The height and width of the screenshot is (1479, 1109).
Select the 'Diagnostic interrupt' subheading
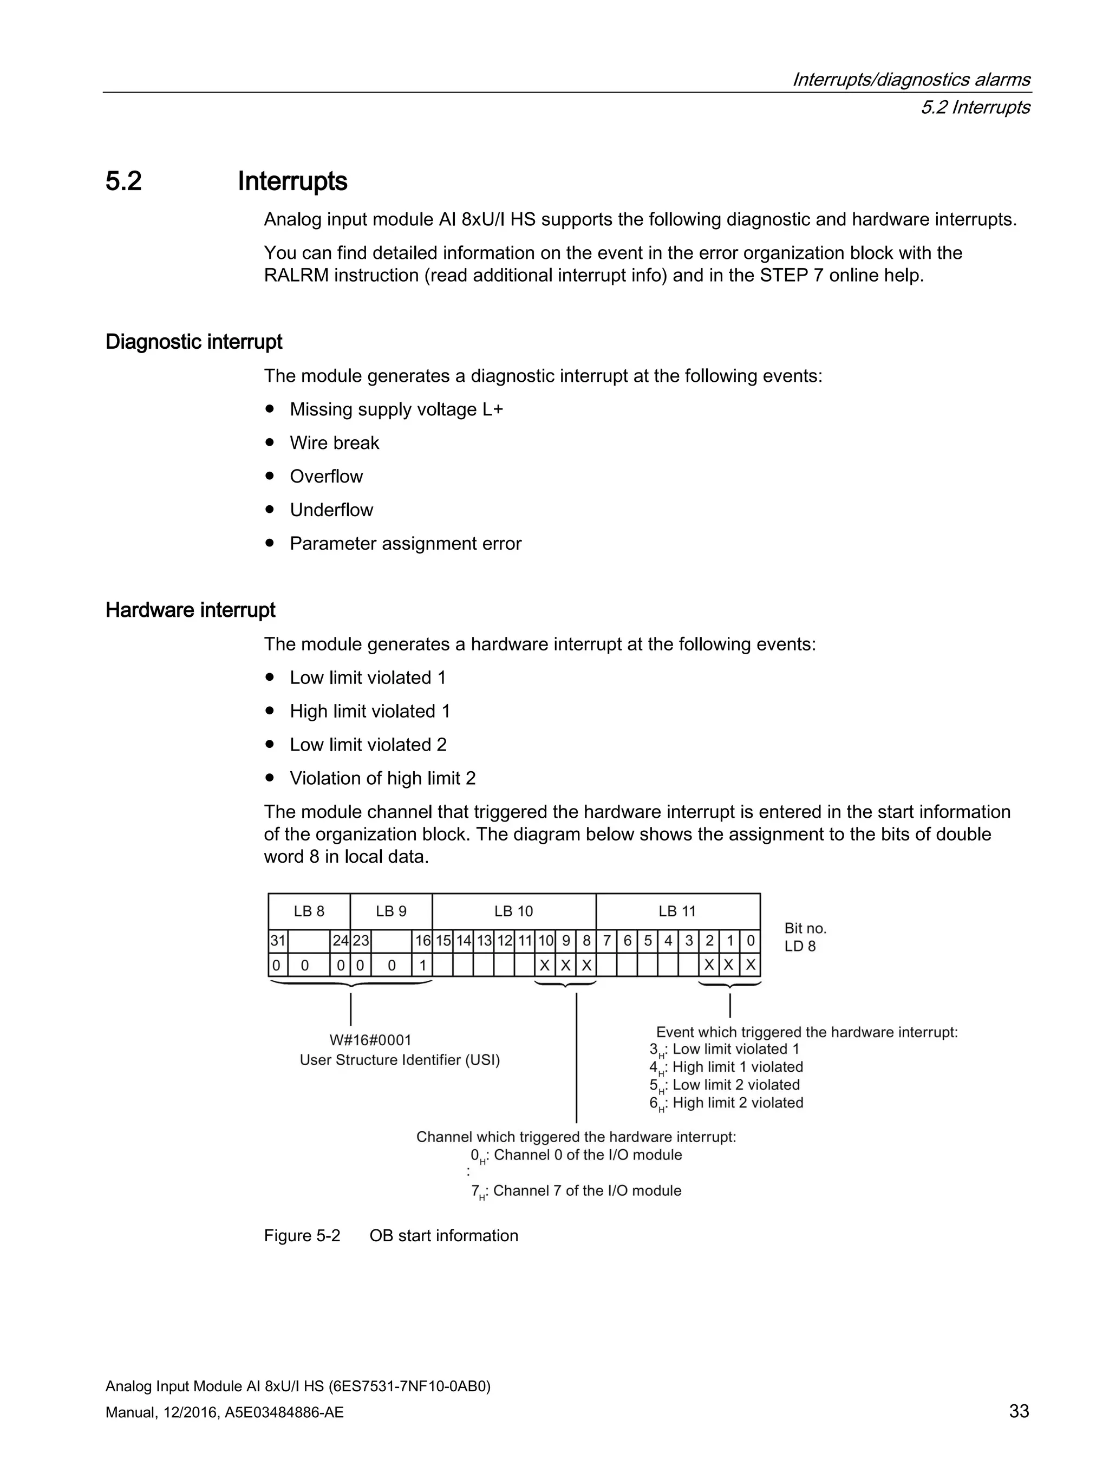(x=193, y=342)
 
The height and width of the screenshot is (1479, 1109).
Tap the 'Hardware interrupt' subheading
(x=190, y=610)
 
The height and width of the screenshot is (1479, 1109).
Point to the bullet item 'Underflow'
(x=331, y=510)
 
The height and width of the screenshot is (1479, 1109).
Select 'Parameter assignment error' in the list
(x=405, y=543)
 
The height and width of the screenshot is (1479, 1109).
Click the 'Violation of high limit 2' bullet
(x=382, y=778)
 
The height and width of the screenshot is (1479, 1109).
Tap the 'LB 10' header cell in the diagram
(x=513, y=911)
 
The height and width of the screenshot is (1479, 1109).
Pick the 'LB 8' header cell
(x=309, y=911)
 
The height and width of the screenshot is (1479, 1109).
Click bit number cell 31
(x=277, y=941)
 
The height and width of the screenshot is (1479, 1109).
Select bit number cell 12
(x=505, y=941)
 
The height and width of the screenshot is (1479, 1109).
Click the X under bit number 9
(x=565, y=966)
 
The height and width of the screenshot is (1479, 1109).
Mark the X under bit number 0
(x=750, y=966)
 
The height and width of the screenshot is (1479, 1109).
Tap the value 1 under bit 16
(x=422, y=966)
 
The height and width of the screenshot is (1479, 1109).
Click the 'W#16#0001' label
(x=370, y=1040)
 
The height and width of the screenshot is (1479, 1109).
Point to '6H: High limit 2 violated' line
(x=727, y=1103)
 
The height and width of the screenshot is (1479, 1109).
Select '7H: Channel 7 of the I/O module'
(x=576, y=1191)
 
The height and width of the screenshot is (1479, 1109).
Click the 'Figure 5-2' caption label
(x=302, y=1236)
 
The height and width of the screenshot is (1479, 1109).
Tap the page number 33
(x=1019, y=1411)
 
